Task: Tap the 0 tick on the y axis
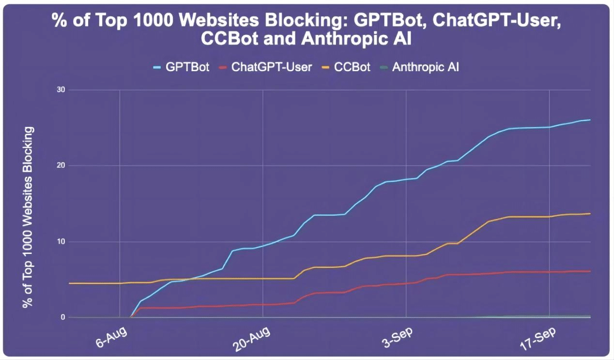click(63, 317)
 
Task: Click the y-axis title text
click(29, 217)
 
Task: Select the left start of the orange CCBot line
click(69, 283)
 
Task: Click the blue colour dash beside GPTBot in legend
click(157, 67)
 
